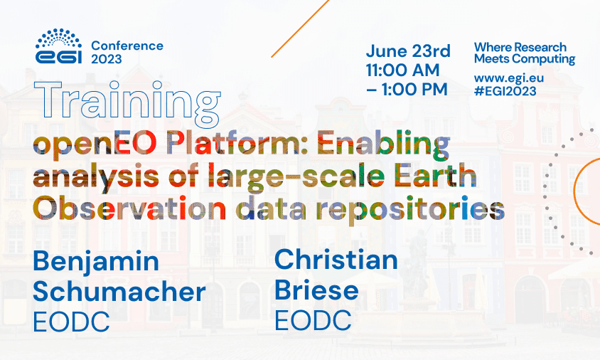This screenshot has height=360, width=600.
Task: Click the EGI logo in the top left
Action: pos(58,47)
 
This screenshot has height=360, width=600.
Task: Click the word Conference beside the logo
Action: pos(127,46)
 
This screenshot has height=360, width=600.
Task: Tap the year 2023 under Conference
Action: pos(106,59)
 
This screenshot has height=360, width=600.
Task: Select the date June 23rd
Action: pos(408,51)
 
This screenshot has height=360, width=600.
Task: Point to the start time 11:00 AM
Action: pos(402,70)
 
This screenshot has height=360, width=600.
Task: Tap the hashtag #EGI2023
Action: pos(505,90)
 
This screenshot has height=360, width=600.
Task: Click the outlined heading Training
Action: pos(126,103)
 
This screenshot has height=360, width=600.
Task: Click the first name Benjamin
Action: pos(96,261)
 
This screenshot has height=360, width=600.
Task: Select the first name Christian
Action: pos(336,260)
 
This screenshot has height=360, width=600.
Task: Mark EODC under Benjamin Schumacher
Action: pos(71,322)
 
